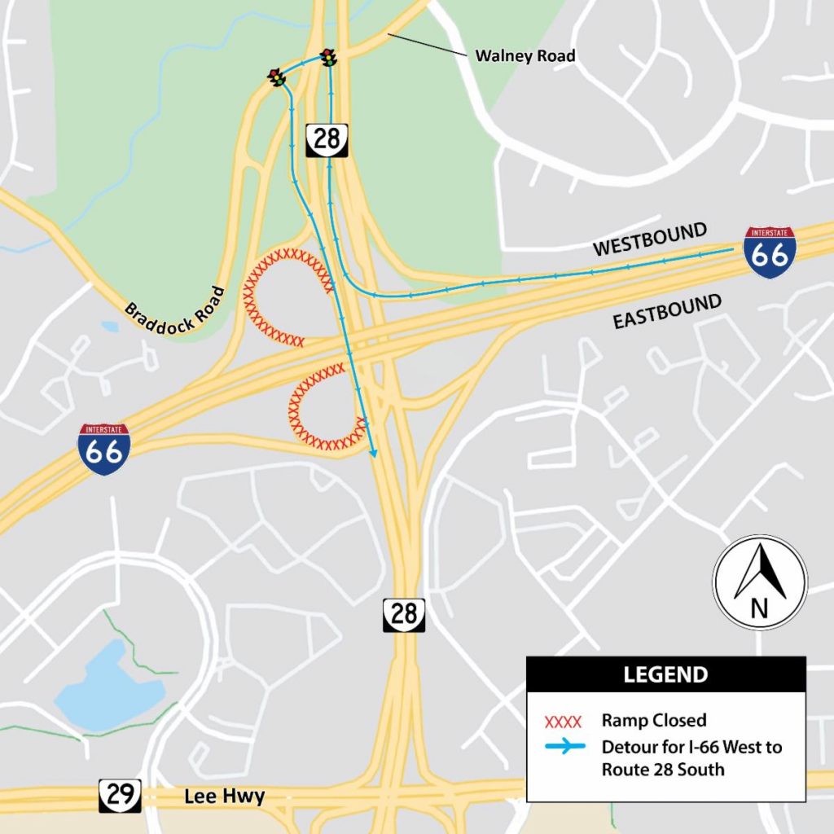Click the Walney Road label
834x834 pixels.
tap(525, 56)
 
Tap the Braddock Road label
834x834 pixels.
tap(173, 309)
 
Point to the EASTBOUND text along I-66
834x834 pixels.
tap(667, 311)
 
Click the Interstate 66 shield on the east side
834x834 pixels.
tap(770, 252)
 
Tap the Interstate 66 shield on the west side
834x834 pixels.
tap(104, 449)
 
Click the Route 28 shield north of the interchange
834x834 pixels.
tap(327, 140)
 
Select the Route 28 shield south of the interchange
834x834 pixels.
tap(404, 615)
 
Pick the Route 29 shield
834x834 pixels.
tap(120, 795)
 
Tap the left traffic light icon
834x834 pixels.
tap(277, 77)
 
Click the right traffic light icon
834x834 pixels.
tap(328, 57)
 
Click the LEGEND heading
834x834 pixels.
tap(665, 674)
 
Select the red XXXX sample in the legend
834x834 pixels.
tap(563, 721)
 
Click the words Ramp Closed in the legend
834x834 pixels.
tap(653, 720)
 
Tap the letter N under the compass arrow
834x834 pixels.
tap(759, 608)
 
